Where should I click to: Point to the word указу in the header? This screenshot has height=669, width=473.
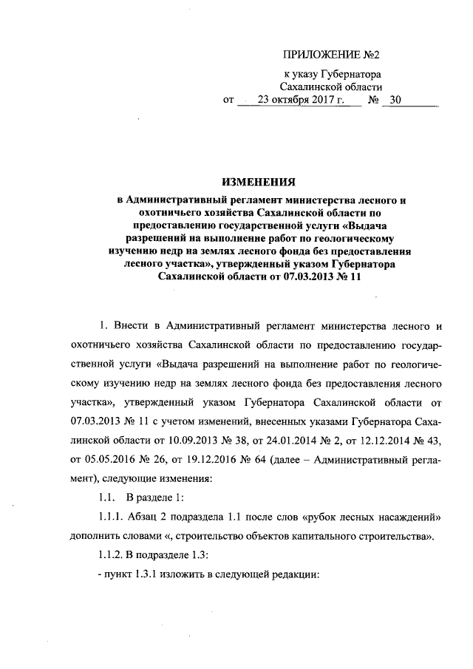(310, 75)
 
